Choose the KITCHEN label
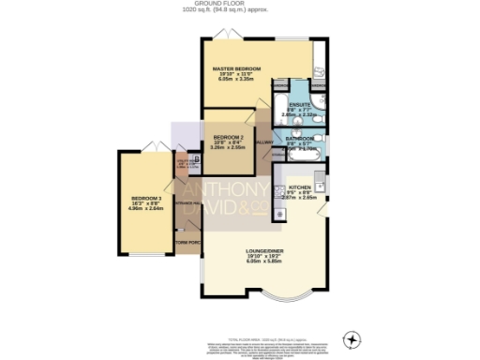pyautogui.click(x=301, y=188)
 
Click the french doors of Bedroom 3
pyautogui.click(x=150, y=148)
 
